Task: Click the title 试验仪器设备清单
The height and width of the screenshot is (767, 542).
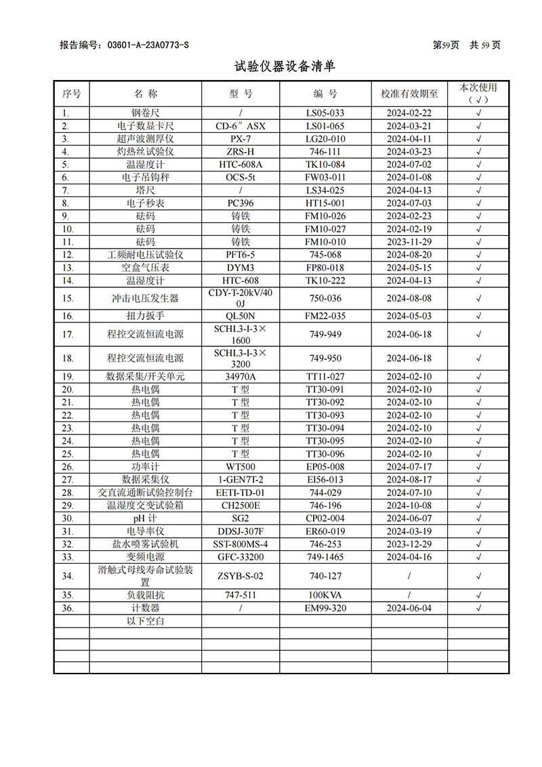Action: click(x=284, y=66)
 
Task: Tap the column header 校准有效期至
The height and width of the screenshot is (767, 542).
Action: click(x=409, y=94)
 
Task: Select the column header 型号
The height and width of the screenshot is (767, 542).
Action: click(x=241, y=94)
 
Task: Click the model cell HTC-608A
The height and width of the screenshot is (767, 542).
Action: click(x=241, y=165)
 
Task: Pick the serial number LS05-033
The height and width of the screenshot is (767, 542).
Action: click(x=325, y=113)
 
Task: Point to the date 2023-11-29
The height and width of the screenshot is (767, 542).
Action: click(x=409, y=242)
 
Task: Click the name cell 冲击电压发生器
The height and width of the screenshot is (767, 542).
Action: click(x=145, y=298)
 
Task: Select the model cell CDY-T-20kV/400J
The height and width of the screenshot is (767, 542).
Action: click(x=241, y=298)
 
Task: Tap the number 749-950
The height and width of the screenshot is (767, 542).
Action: click(x=325, y=358)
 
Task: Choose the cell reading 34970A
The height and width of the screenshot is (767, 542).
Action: click(x=241, y=377)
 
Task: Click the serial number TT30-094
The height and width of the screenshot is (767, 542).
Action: click(x=325, y=428)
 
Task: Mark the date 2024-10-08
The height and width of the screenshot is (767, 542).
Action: click(x=409, y=505)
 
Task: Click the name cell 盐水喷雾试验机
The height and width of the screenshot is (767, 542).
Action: click(x=145, y=544)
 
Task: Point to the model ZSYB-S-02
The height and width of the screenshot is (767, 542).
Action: click(x=241, y=576)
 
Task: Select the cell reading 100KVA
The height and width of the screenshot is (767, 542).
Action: click(x=325, y=595)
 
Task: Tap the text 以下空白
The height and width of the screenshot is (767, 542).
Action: click(x=145, y=621)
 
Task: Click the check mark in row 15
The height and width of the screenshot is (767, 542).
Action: click(x=478, y=298)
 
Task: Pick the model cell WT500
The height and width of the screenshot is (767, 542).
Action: click(x=241, y=467)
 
